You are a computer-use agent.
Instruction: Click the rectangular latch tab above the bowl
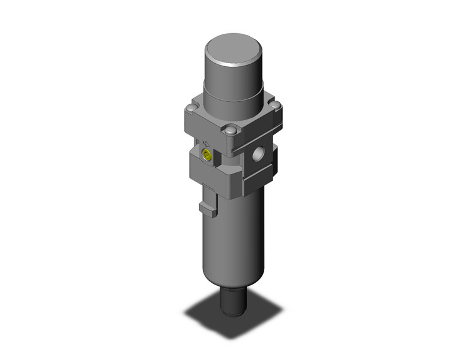[208, 202]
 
